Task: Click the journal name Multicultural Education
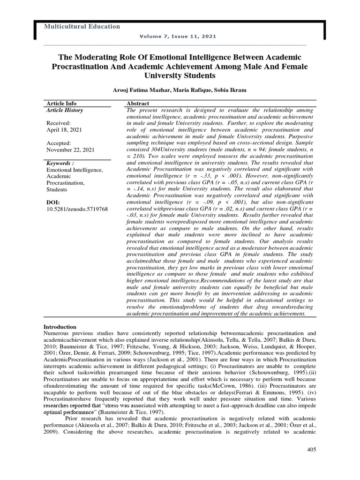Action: pos(82,27)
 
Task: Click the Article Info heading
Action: pos(61,103)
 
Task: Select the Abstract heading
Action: pos(138,103)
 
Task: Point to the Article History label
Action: pos(65,110)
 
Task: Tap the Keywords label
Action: pos(60,163)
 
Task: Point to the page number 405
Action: pos(312,450)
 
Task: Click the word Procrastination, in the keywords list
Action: pos(65,182)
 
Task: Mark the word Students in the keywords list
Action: pos(57,189)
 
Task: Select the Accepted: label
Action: pos(59,143)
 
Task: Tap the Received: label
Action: pos(58,123)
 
